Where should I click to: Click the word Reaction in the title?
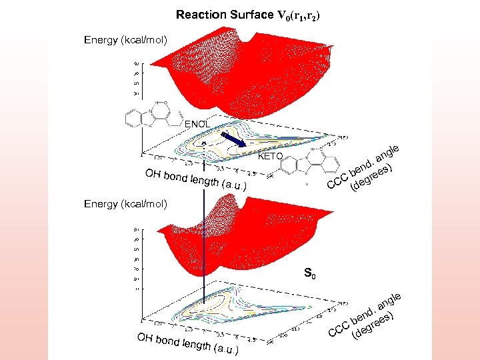coord(199,15)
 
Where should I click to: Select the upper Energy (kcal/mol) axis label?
coord(125,41)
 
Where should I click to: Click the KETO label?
coord(271,157)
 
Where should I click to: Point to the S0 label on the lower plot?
coord(309,273)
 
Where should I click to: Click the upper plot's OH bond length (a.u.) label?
coord(196,181)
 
